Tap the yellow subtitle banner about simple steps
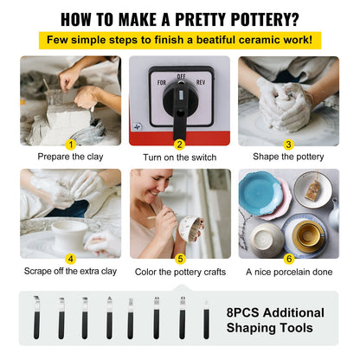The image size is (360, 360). [180, 40]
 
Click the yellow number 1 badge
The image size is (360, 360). [71, 145]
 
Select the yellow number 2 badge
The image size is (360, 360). [180, 145]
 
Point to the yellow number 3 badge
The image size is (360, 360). [289, 145]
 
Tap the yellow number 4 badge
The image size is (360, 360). [71, 257]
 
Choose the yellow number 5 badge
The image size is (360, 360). [180, 257]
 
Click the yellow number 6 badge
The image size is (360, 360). [289, 257]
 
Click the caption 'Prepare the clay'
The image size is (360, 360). [71, 157]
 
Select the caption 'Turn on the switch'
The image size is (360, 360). [180, 157]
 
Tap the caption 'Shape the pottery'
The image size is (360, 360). [289, 157]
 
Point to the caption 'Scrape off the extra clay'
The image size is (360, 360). [71, 271]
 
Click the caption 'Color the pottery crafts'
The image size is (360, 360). [180, 271]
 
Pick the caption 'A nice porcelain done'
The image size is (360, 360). [289, 271]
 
